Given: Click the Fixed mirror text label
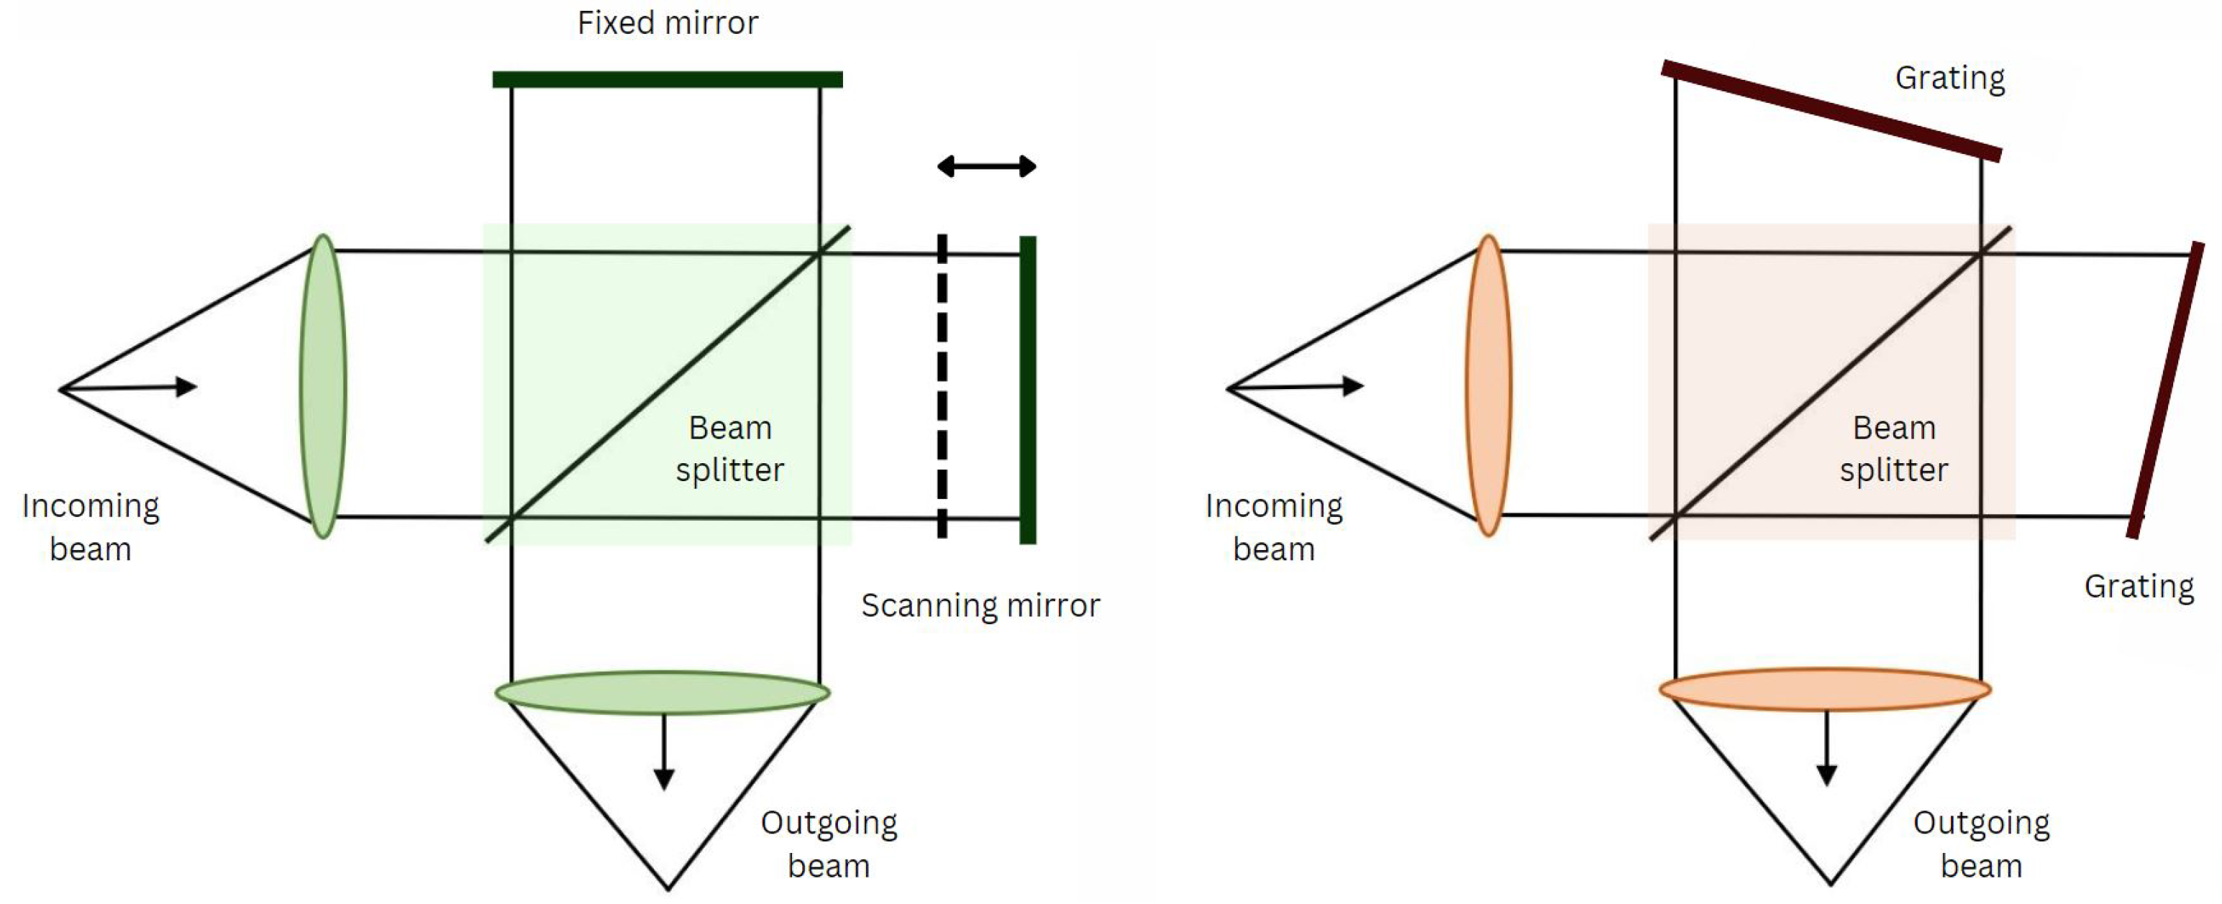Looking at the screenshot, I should [x=668, y=23].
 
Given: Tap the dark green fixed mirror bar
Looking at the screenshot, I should [x=667, y=79].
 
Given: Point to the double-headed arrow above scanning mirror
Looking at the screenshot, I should [x=987, y=166].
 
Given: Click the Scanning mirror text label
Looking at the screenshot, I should [x=980, y=606].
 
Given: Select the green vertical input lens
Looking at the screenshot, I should [x=322, y=386].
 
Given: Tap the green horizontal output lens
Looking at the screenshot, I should [x=662, y=693].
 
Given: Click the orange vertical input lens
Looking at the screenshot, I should [x=1488, y=386].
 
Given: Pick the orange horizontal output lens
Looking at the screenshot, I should [x=1824, y=689].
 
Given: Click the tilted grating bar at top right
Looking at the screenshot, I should [x=1831, y=111].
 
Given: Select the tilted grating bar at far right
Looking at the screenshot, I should [x=2167, y=390].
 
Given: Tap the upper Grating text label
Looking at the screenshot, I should [x=1949, y=78].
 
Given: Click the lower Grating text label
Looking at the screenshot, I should [x=2139, y=587].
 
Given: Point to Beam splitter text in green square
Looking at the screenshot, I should [x=729, y=449].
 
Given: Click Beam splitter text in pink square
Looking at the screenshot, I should [x=1893, y=449].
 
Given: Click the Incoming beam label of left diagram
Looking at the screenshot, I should [x=91, y=527].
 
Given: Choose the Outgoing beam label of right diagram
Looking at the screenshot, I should [x=1980, y=844].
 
